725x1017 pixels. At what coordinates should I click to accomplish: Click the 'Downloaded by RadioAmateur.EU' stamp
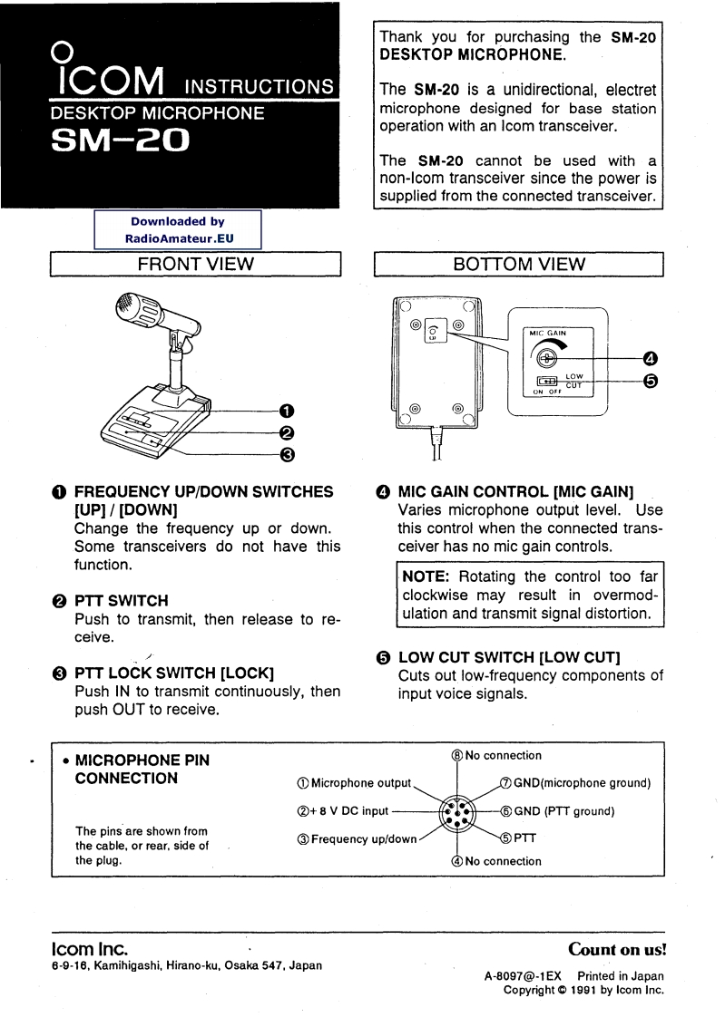pyautogui.click(x=177, y=228)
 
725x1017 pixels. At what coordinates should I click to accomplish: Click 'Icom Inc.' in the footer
pyautogui.click(x=87, y=948)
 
